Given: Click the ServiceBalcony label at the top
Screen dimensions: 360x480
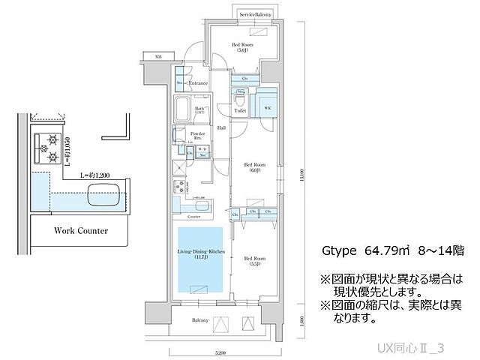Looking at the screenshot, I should [256, 14].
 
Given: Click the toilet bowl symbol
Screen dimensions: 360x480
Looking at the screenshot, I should [241, 99].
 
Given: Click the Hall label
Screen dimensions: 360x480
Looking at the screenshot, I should [221, 128].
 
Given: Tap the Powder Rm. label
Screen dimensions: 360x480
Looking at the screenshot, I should [199, 136].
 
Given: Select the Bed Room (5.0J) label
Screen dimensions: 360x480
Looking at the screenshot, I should [241, 48].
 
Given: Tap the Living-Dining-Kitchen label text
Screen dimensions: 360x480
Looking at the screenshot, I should [199, 254].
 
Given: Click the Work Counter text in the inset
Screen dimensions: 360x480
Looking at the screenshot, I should [82, 230].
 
